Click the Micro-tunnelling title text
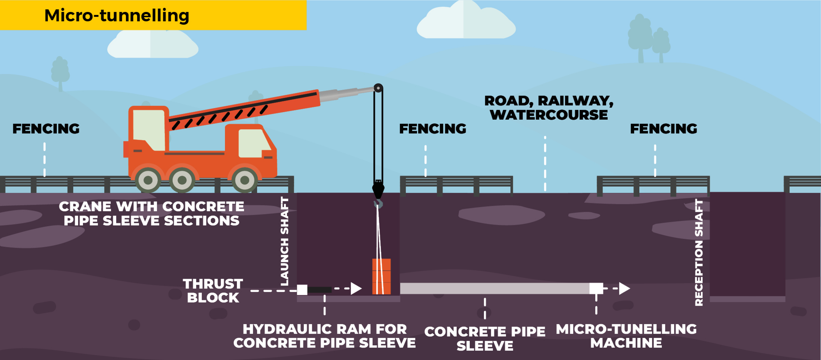pyautogui.click(x=117, y=15)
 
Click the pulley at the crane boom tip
pyautogui.click(x=378, y=88)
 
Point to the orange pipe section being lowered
pyautogui.click(x=381, y=276)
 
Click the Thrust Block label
pyautogui.click(x=213, y=290)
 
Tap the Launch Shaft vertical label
pyautogui.click(x=284, y=241)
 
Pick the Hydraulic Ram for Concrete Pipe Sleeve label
pyautogui.click(x=324, y=336)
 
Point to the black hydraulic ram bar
pyautogui.click(x=319, y=289)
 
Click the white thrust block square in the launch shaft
pyautogui.click(x=302, y=289)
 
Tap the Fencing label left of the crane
pyautogui.click(x=46, y=129)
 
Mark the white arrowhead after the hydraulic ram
pyautogui.click(x=356, y=289)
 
